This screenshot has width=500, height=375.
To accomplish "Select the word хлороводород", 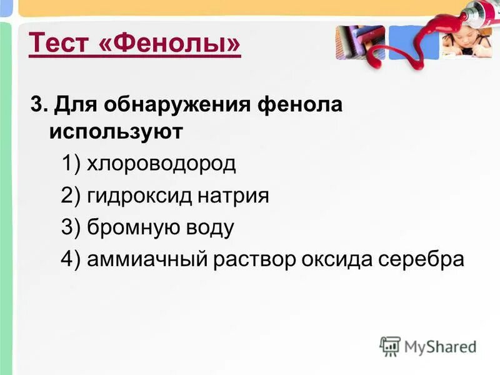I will click(x=161, y=164).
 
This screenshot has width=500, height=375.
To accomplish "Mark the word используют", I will click(x=116, y=132).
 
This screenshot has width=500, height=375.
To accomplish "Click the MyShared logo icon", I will click(x=390, y=346).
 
